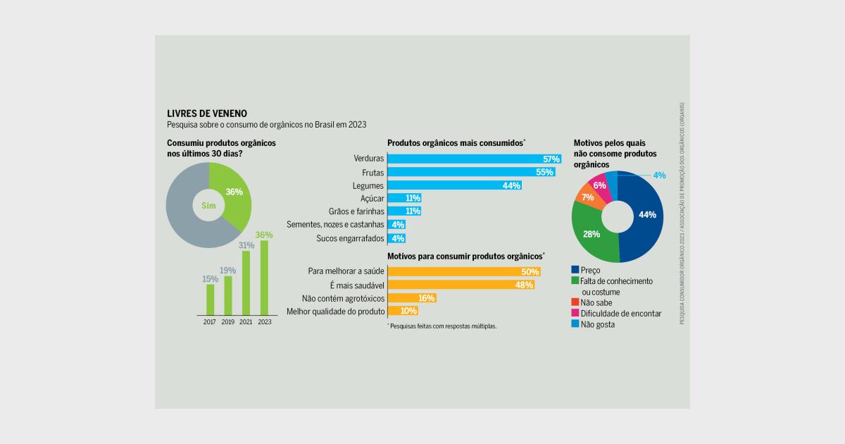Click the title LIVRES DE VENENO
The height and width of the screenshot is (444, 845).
click(207, 113)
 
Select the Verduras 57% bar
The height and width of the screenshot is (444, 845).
click(473, 159)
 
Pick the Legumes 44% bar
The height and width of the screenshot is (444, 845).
click(454, 185)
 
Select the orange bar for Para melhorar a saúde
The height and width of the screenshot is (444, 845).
click(463, 271)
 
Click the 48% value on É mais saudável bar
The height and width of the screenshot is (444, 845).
click(523, 285)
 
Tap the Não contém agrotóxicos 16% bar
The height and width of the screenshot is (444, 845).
click(411, 298)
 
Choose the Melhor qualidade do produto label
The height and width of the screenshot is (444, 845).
click(335, 312)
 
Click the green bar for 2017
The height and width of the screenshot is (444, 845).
click(210, 299)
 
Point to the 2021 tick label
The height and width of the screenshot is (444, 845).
click(246, 322)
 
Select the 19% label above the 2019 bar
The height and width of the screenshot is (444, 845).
click(227, 271)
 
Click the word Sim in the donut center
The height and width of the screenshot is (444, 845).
click(208, 206)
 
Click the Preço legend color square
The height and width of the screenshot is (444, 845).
click(575, 270)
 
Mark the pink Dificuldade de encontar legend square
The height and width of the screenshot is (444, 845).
click(575, 314)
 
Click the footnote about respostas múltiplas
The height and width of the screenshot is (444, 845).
click(442, 326)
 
